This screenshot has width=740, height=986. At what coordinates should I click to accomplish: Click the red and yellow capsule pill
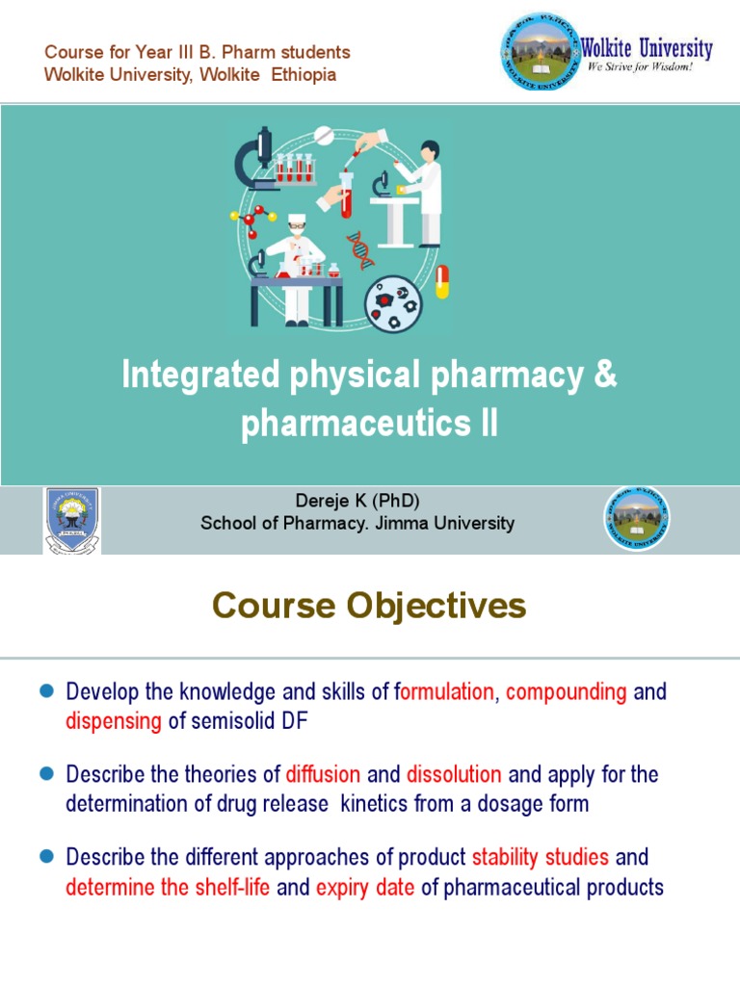442,282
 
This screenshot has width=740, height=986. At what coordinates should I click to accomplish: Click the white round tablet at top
324,132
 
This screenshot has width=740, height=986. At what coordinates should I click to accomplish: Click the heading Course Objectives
369,606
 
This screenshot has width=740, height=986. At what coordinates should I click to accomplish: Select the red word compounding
567,691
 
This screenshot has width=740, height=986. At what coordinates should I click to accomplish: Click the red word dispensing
114,722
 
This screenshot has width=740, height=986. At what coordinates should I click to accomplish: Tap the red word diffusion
323,774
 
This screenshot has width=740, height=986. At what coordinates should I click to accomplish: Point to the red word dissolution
454,774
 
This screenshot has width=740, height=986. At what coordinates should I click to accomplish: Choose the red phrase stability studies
541,857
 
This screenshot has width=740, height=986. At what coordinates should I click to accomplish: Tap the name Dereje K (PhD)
357,502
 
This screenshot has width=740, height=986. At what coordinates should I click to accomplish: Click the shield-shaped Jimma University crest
72,519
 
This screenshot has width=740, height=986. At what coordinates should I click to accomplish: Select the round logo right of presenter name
637,519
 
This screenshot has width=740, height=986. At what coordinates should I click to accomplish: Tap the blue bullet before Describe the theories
44,774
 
